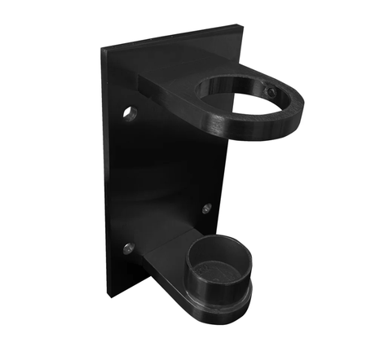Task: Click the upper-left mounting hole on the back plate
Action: (x=130, y=112)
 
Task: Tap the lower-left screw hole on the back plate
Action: (x=128, y=248)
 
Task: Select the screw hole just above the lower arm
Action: (x=206, y=209)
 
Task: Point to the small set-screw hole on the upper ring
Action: (x=271, y=93)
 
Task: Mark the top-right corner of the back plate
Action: (x=238, y=32)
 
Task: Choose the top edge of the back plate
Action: (x=171, y=40)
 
